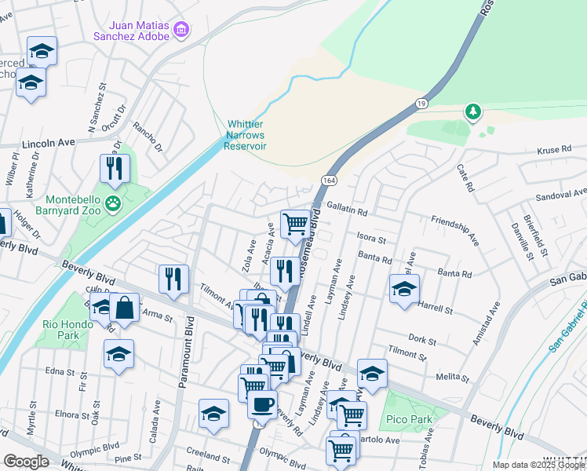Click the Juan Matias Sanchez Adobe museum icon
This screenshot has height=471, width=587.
182,30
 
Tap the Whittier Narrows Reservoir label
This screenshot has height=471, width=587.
246,135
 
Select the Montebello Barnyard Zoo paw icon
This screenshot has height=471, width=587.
115,205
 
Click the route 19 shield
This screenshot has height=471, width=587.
421,103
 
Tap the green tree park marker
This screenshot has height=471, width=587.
472,112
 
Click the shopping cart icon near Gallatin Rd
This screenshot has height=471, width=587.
295,223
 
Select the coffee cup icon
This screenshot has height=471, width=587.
262,404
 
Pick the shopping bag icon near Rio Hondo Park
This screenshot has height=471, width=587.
124,307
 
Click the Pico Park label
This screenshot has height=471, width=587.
410,419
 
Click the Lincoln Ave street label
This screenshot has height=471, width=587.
48,144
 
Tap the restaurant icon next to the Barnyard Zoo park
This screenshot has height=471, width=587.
115,168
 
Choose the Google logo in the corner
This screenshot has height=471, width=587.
26,462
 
